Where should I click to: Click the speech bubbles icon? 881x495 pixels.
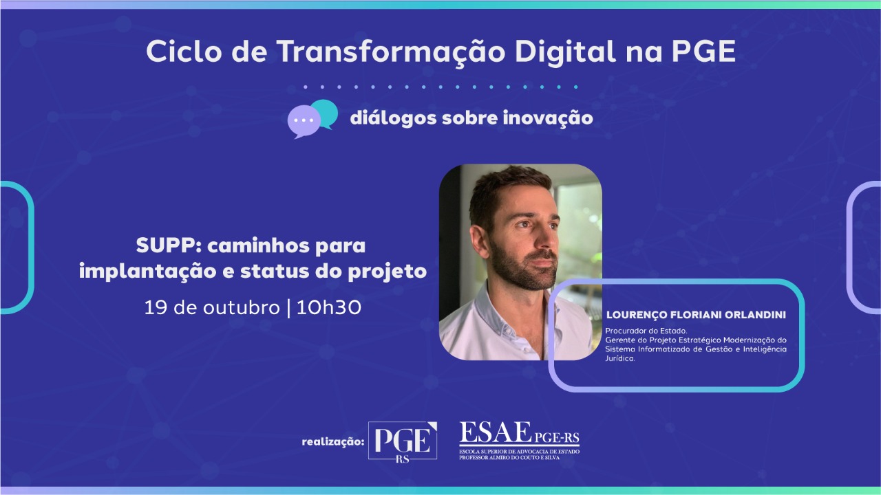click(x=312, y=118)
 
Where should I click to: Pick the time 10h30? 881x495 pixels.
click(x=329, y=307)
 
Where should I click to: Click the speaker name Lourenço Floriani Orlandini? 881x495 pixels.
click(x=696, y=315)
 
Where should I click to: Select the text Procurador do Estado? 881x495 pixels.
click(x=637, y=331)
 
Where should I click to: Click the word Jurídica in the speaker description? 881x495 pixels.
click(x=619, y=358)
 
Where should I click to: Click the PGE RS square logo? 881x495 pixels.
click(x=403, y=441)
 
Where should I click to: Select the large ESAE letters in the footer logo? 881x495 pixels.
click(x=495, y=434)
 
